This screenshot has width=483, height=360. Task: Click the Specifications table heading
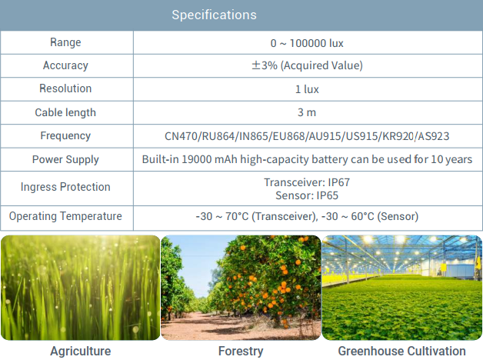click(214, 15)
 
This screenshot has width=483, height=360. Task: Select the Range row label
click(65, 42)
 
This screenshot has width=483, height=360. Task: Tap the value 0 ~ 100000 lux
click(307, 43)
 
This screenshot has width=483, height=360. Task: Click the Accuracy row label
click(65, 65)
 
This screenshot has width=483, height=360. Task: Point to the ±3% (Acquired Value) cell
click(307, 65)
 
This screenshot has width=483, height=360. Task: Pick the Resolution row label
click(65, 88)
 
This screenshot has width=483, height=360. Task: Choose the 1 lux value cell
click(307, 89)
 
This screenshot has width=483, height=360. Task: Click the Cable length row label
click(65, 113)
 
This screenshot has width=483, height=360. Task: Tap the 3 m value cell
click(307, 113)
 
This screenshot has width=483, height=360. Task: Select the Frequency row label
click(65, 136)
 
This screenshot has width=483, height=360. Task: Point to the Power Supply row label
click(65, 159)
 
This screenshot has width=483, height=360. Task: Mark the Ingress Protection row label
click(65, 187)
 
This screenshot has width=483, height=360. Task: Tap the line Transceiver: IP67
click(307, 182)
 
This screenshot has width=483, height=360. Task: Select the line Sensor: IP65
click(307, 195)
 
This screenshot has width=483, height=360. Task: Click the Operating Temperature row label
click(65, 216)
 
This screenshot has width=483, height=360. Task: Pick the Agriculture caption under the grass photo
click(81, 351)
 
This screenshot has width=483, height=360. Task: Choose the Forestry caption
click(241, 351)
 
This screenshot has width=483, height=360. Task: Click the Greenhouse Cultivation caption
click(401, 351)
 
